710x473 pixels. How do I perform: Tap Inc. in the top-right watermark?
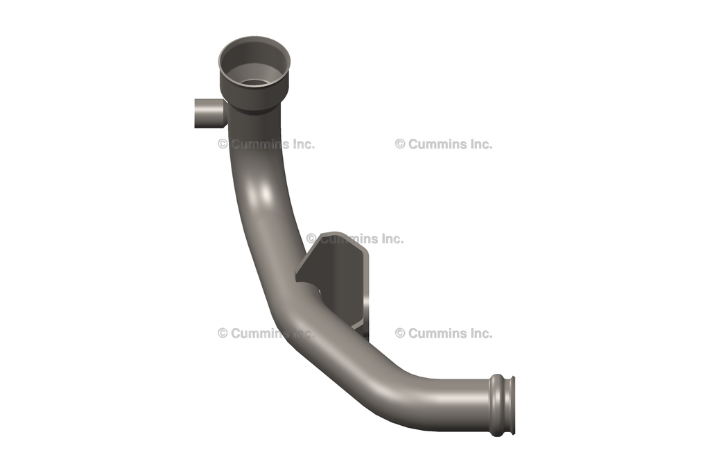click(480, 144)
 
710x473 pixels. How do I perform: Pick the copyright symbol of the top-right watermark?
click(400, 144)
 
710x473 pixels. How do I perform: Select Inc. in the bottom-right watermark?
click(480, 333)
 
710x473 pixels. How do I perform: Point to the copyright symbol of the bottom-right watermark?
click(400, 333)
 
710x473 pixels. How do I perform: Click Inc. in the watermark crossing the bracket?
click(392, 239)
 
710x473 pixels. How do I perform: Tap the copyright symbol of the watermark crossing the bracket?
click(311, 239)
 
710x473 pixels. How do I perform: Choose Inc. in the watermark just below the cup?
click(303, 144)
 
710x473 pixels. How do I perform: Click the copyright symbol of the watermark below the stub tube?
click(223, 144)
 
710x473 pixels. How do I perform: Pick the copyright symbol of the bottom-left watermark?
click(223, 333)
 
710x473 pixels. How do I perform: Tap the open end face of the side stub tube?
click(196, 113)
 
